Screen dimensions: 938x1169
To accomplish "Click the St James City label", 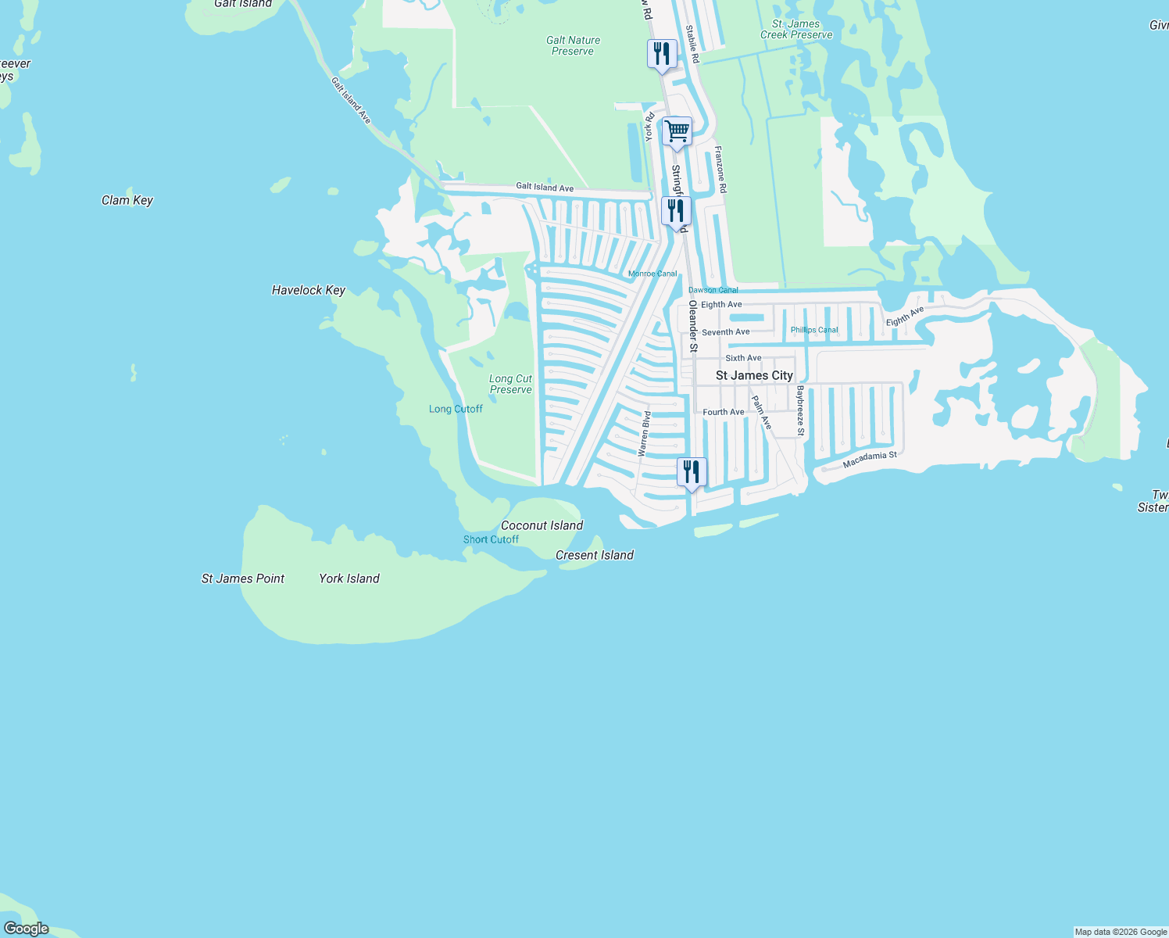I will point(754,376).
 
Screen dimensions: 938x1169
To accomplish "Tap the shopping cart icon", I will point(677,132).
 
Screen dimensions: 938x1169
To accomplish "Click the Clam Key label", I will point(127,200).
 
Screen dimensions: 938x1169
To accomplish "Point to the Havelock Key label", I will point(309,290).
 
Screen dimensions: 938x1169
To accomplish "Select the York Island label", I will point(349,578).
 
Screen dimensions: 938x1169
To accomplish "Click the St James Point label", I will point(243,578).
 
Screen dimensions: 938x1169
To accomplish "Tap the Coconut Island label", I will point(542,525).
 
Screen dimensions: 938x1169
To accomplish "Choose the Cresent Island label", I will point(595,555).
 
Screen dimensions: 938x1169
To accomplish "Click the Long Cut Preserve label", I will point(511,384).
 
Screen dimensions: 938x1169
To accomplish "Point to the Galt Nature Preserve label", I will point(574,45).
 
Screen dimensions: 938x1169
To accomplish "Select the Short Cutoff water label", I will point(491,539).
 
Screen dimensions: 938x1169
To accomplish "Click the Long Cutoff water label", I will point(456,409).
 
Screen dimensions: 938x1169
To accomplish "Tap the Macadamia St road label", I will point(870,460).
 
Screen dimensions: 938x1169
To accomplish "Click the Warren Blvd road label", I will point(644,434).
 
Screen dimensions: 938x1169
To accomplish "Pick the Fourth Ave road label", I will point(724,412).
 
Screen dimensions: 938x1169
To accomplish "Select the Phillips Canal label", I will point(814,330).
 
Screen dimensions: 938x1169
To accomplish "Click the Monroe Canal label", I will point(652,274).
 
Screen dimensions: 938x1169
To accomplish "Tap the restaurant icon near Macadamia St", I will point(692,473).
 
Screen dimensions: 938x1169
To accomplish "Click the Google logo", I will point(27,929).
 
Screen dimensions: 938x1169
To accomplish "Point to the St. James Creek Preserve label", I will point(796,29).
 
